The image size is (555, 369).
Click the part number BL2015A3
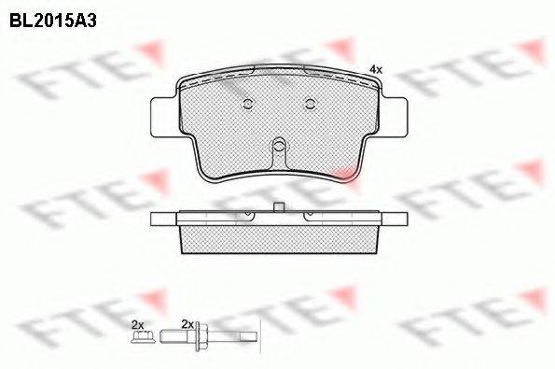pyautogui.click(x=53, y=21)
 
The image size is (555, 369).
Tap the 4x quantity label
pyautogui.click(x=376, y=70)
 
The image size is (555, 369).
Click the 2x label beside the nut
pyautogui.click(x=137, y=324)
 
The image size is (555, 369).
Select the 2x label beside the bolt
pyautogui.click(x=187, y=324)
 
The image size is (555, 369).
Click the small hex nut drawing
pyautogui.click(x=143, y=336)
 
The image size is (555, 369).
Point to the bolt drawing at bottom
pyautogui.click(x=209, y=336)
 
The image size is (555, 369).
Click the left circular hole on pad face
pyautogui.click(x=248, y=104)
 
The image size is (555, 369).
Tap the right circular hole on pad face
pyautogui.click(x=310, y=104)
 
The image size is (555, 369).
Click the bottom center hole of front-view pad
pyautogui.click(x=279, y=145)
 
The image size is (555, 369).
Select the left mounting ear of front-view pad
pyautogui.click(x=163, y=117)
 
